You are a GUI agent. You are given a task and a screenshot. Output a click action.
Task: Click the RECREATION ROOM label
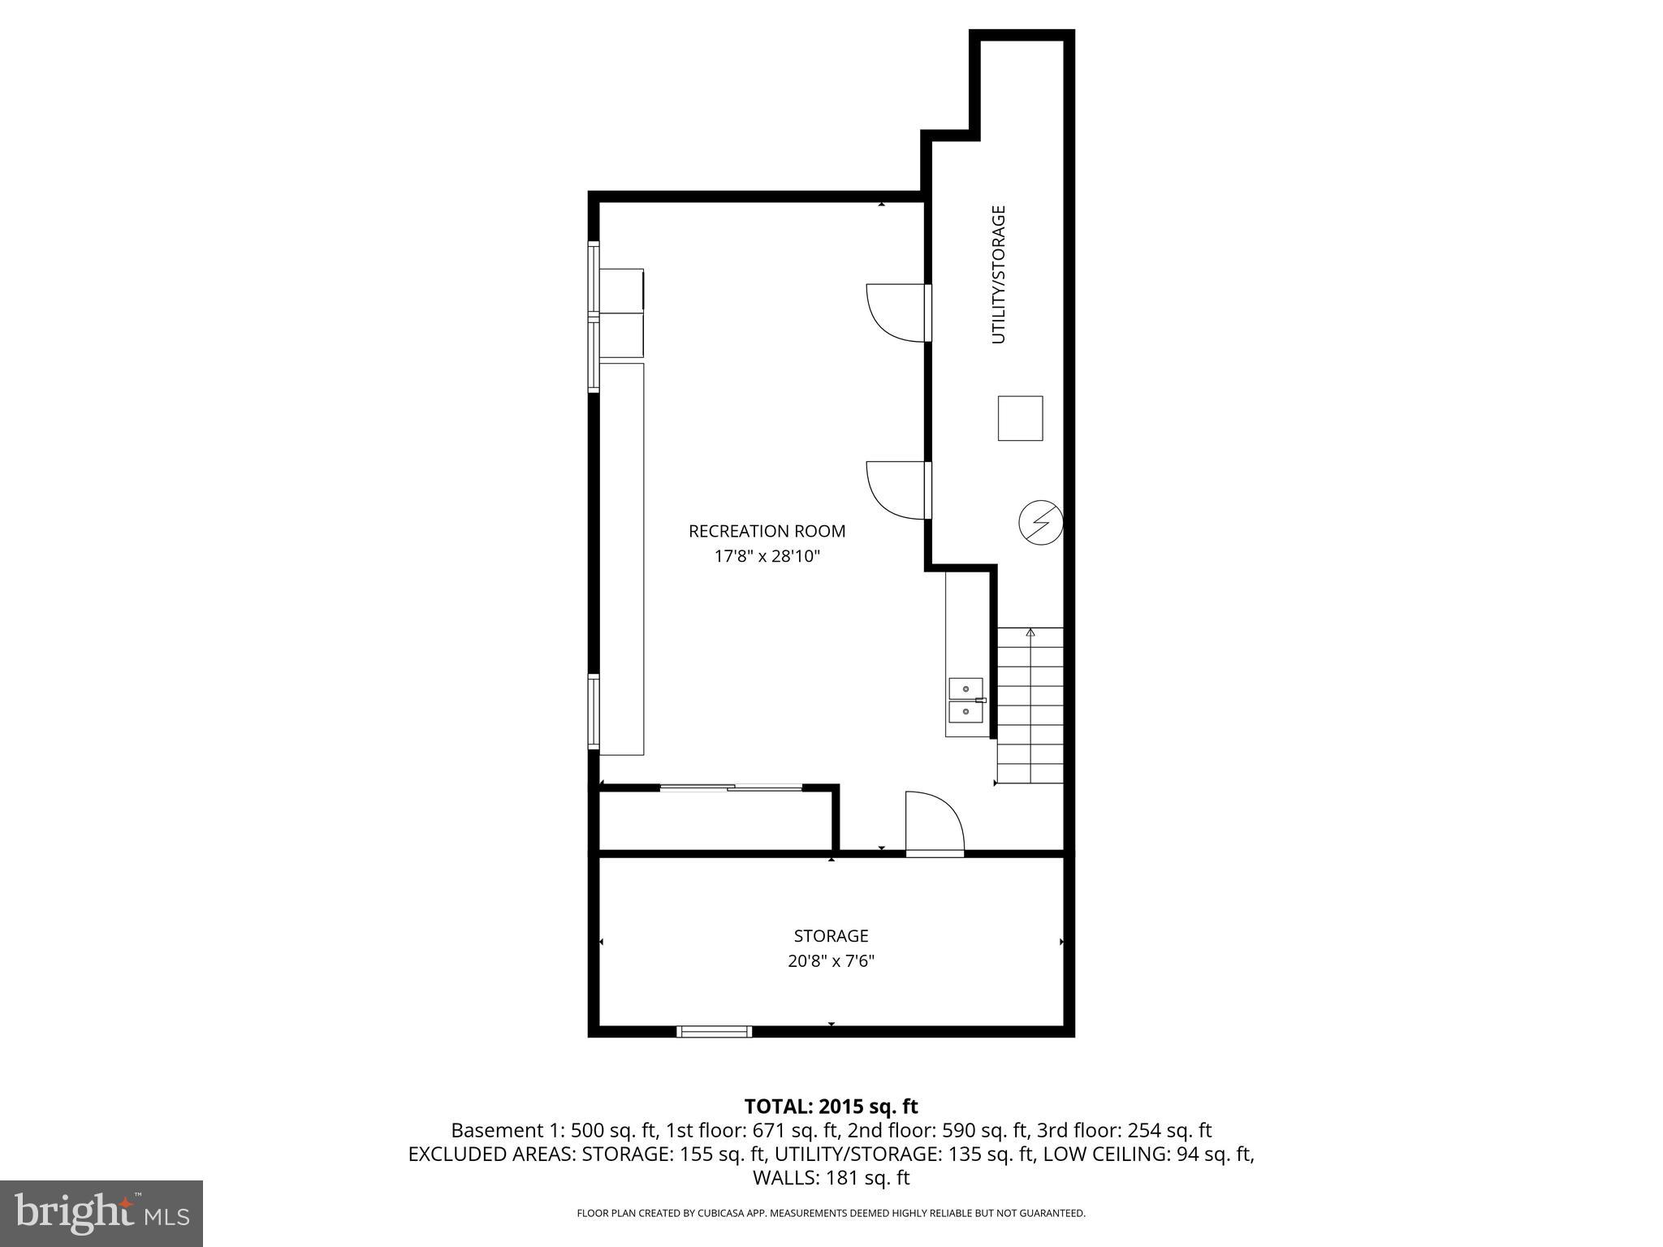[767, 531]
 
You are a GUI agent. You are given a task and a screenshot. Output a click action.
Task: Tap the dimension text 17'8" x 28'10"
[767, 557]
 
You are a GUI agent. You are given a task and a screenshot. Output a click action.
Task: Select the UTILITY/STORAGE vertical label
[999, 274]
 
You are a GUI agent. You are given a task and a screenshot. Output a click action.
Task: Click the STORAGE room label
[831, 935]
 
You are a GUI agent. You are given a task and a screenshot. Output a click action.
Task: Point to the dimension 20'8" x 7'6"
[831, 961]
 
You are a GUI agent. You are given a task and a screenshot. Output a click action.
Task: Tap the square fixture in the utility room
[1020, 418]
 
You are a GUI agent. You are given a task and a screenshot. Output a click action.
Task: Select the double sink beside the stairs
[965, 700]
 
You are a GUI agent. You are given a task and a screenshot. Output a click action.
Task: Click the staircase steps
[1030, 706]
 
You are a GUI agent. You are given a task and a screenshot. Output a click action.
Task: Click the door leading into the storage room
[934, 824]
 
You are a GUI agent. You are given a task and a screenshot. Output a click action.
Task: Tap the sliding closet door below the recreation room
[731, 787]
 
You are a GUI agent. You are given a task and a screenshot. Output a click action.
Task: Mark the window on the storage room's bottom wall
[714, 1032]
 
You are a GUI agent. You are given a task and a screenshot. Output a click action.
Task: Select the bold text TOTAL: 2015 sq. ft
[831, 1106]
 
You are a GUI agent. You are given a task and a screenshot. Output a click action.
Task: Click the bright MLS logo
[102, 1213]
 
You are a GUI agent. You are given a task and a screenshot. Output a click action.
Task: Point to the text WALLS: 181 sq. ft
[831, 1177]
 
